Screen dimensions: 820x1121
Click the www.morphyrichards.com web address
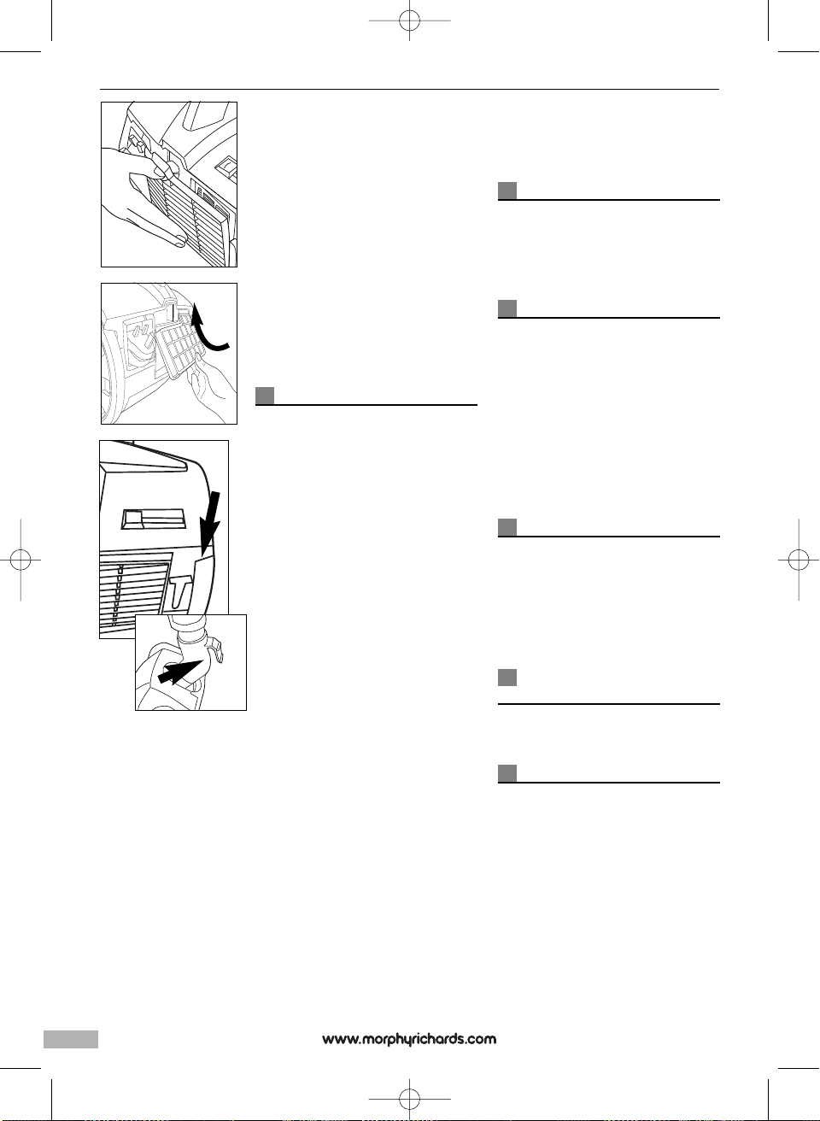pyautogui.click(x=408, y=1039)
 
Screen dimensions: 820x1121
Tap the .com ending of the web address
pyautogui.click(x=481, y=1039)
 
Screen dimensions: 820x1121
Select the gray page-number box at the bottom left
pyautogui.click(x=71, y=1039)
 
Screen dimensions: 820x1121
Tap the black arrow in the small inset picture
pyautogui.click(x=181, y=670)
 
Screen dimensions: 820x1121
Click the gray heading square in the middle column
pyautogui.click(x=265, y=395)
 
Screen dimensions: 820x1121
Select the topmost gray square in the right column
pyautogui.click(x=507, y=191)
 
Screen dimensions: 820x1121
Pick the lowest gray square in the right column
pyautogui.click(x=507, y=773)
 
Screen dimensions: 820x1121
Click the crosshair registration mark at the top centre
pyautogui.click(x=410, y=20)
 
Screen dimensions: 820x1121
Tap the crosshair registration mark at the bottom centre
pyautogui.click(x=410, y=1098)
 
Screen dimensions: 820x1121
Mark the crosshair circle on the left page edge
pyautogui.click(x=20, y=560)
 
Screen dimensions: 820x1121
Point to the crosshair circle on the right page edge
pyautogui.click(x=799, y=560)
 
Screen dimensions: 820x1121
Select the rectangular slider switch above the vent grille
pyautogui.click(x=154, y=519)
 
